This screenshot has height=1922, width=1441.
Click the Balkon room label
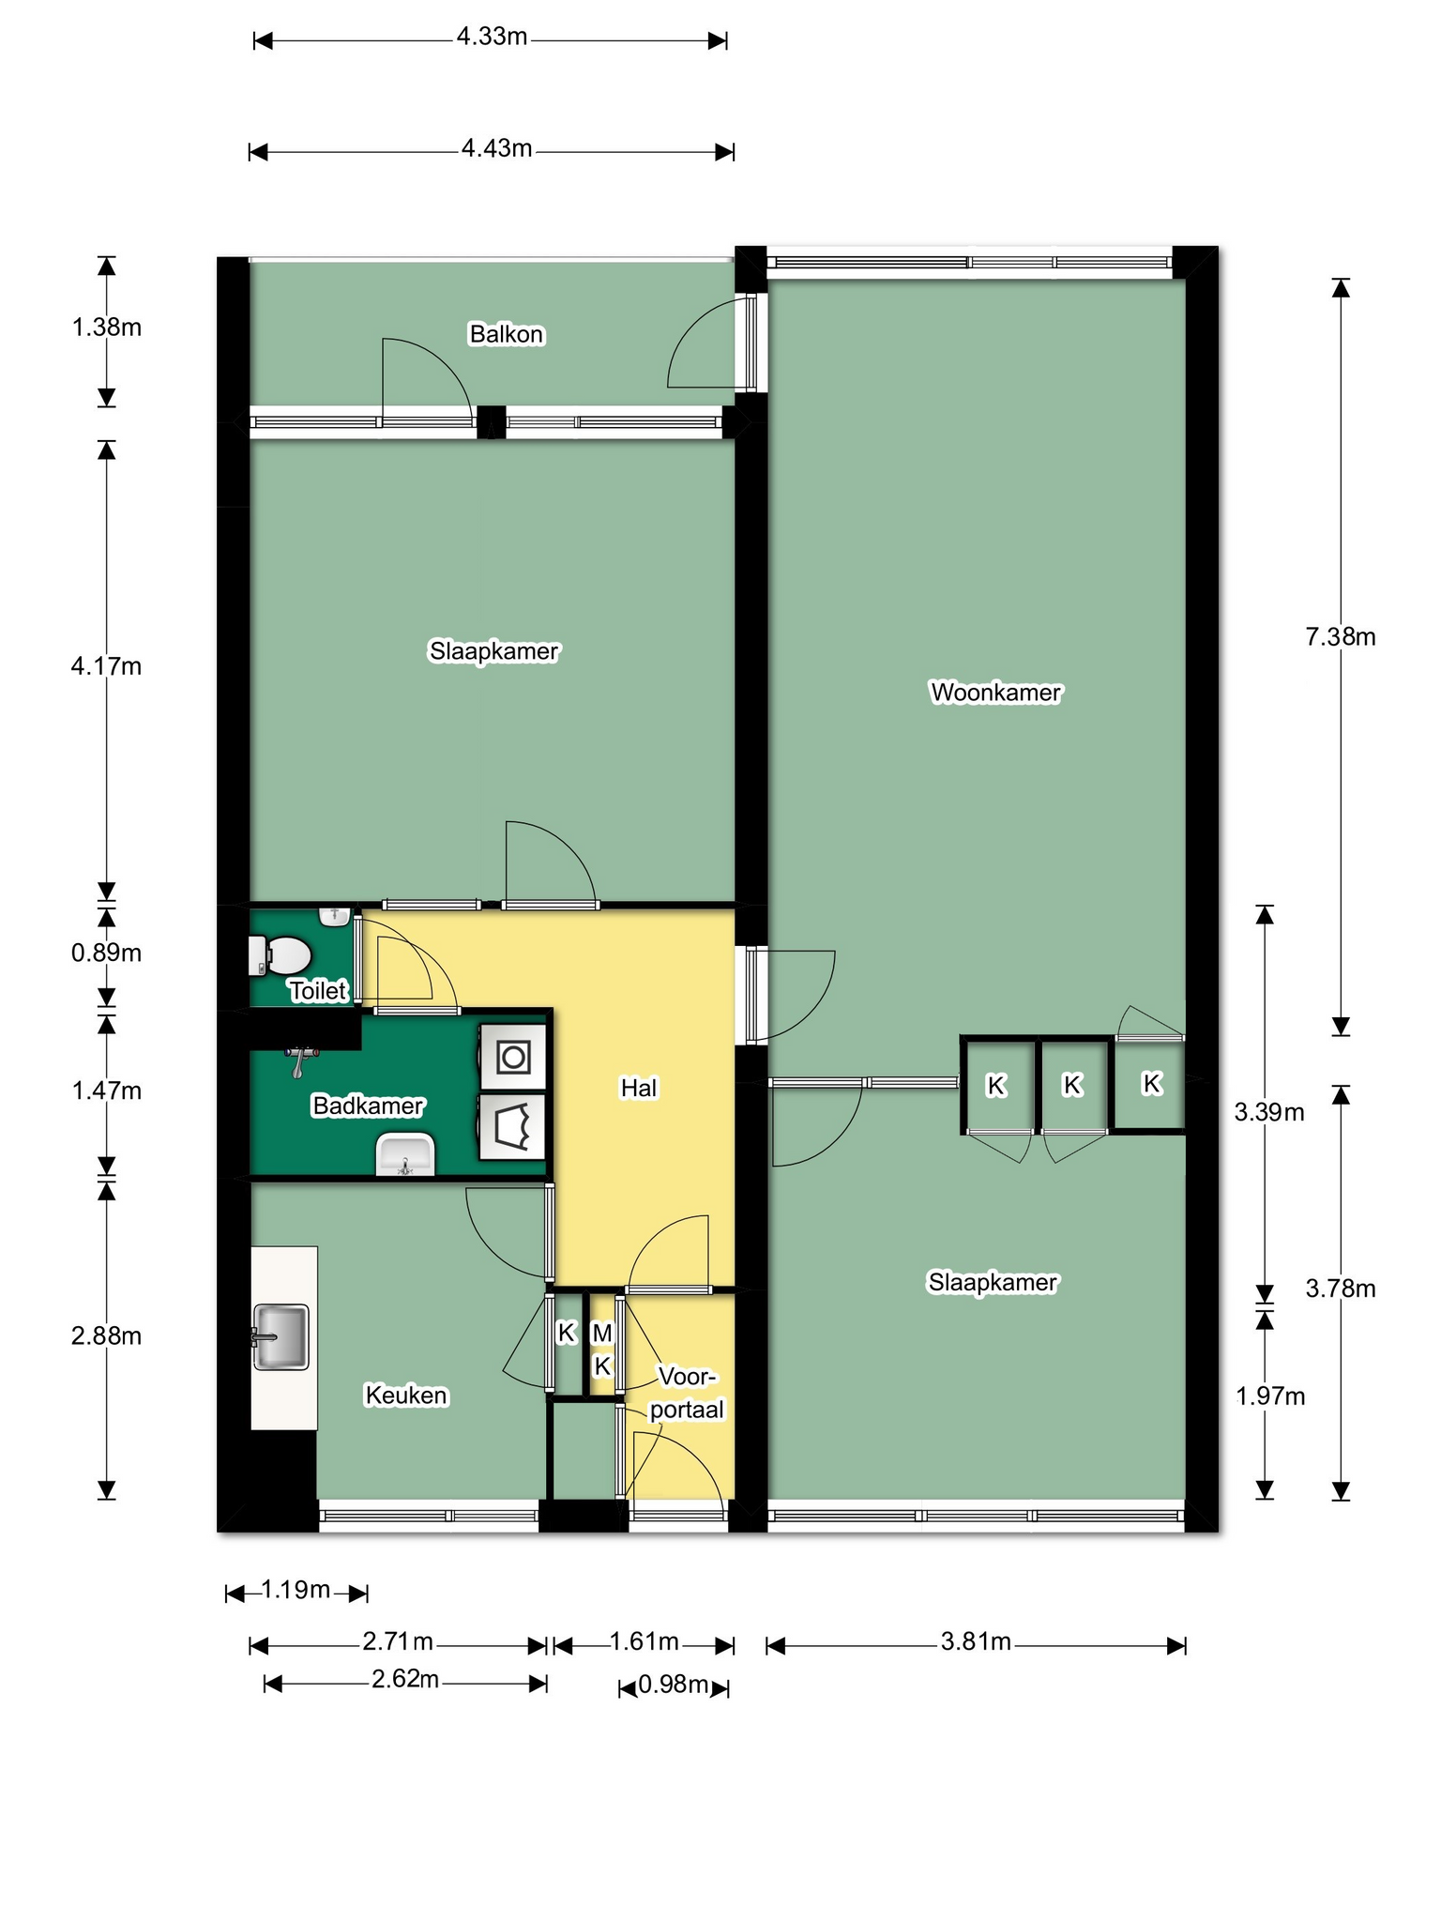click(507, 334)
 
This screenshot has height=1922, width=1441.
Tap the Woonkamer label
click(995, 693)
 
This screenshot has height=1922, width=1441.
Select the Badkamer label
click(368, 1106)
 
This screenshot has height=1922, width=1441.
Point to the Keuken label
click(406, 1396)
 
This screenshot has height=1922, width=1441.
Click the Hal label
click(639, 1088)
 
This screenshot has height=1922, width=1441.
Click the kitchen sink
click(280, 1336)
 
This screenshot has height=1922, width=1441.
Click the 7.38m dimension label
click(1341, 637)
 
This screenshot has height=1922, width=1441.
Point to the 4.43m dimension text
click(496, 148)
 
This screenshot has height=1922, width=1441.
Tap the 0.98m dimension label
click(674, 1686)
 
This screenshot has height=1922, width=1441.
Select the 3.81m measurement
click(976, 1641)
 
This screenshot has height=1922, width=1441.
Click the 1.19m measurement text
click(296, 1590)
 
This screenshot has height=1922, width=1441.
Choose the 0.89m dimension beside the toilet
click(106, 953)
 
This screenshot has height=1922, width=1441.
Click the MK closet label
click(602, 1350)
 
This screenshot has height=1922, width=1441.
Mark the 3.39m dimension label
click(1269, 1113)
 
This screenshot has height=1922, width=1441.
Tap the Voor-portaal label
click(688, 1394)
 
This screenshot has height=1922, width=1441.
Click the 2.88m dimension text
click(106, 1335)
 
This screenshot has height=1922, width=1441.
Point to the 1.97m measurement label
click(1270, 1396)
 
